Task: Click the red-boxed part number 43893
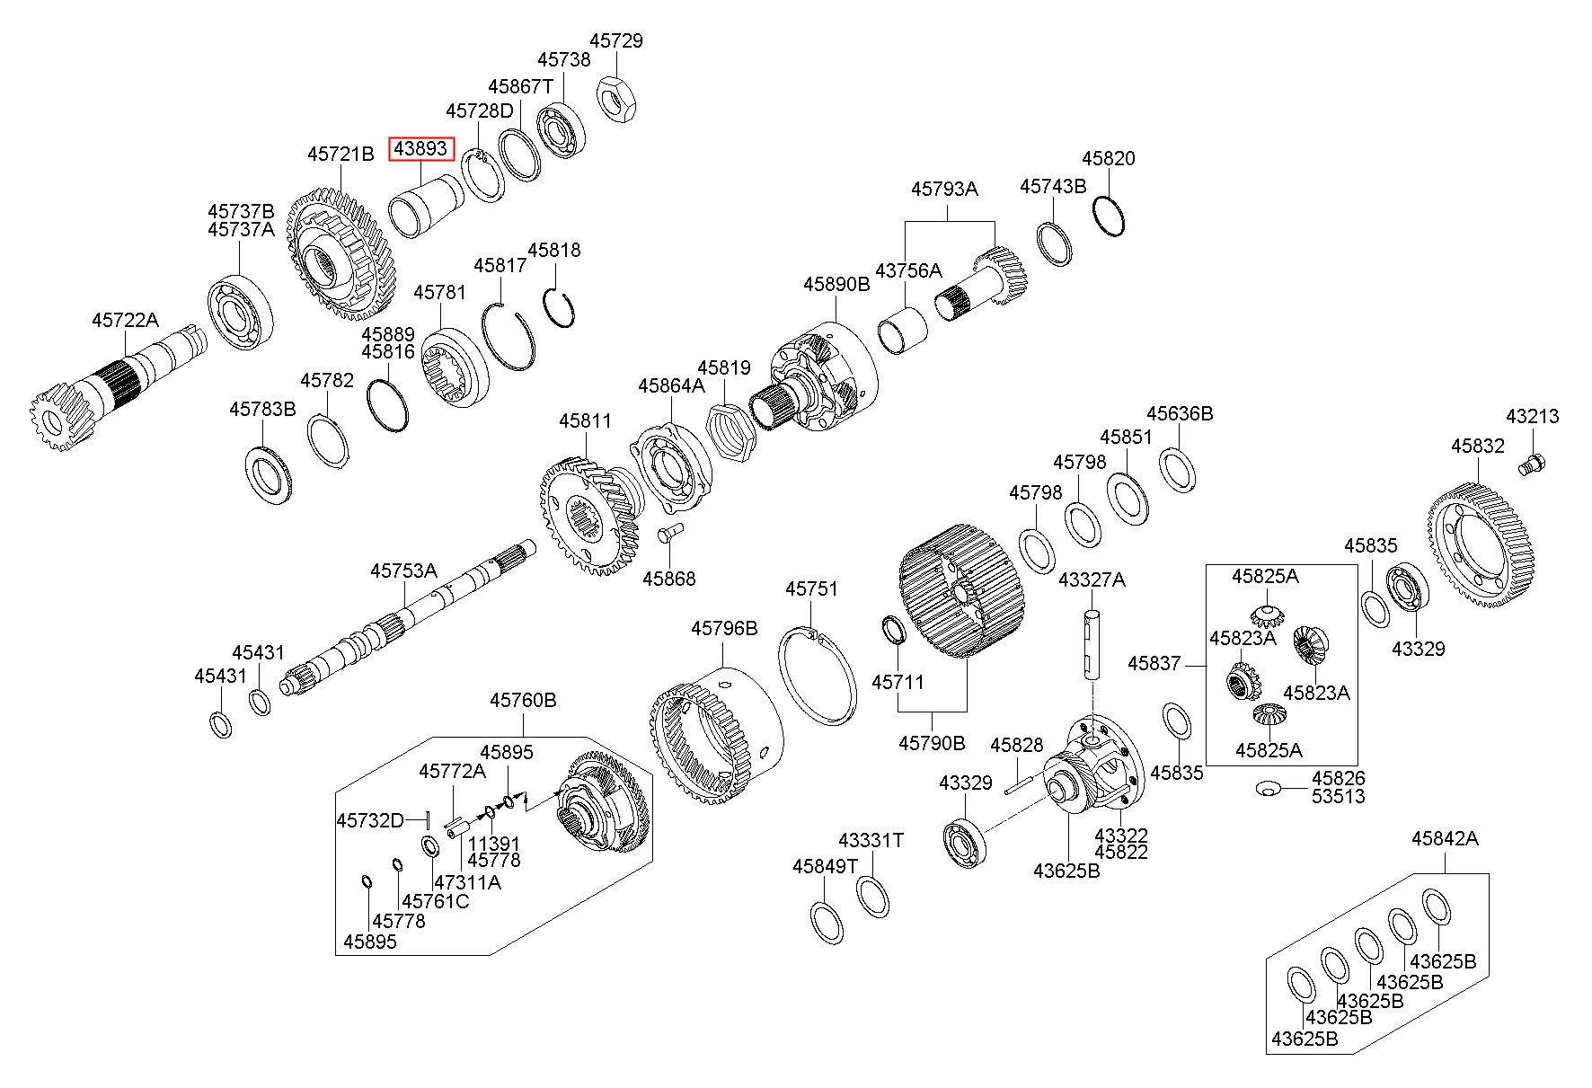(421, 149)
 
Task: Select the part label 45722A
(125, 320)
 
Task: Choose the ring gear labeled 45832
(1481, 547)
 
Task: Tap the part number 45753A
(404, 571)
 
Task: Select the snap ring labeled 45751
(817, 676)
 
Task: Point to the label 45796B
(724, 628)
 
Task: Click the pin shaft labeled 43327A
(1091, 643)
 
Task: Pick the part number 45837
(1154, 664)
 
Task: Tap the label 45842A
(1445, 839)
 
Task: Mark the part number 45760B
(523, 700)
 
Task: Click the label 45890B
(836, 284)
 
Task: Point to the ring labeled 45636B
(1177, 470)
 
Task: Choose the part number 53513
(1338, 796)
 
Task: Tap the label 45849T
(825, 866)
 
